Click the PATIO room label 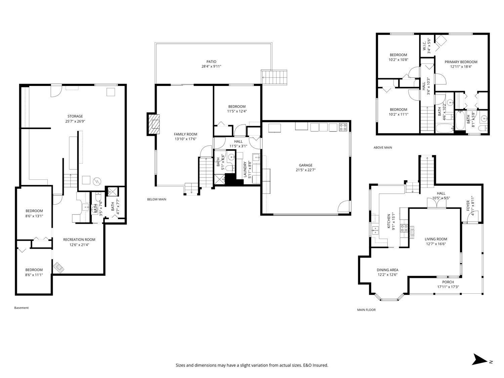[211, 62]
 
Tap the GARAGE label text [305, 165]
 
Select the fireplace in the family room [153, 124]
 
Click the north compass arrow [480, 360]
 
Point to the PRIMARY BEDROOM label [461, 62]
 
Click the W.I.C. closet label [424, 43]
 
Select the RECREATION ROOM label [79, 240]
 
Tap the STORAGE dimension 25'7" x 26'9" [75, 121]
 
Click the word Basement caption [22, 308]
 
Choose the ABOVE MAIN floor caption [383, 148]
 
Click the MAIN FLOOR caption [366, 310]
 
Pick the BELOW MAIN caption [157, 199]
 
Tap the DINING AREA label [387, 270]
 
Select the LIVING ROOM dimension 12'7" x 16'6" [436, 244]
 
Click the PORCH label [448, 282]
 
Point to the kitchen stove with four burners [403, 228]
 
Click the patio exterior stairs [275, 77]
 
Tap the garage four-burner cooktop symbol [344, 127]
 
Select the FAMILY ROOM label [185, 134]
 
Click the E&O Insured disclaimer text [252, 365]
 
